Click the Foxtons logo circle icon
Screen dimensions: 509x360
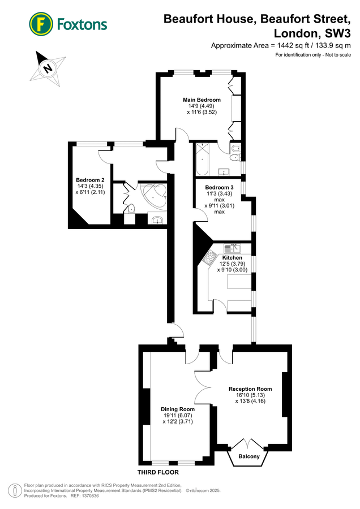tap(41, 24)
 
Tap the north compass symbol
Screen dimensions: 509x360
tap(48, 68)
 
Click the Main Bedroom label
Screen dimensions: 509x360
tap(202, 100)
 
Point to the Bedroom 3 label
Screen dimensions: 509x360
tap(220, 187)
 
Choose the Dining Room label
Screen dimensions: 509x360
tap(178, 409)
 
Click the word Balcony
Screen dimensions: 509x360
tap(249, 456)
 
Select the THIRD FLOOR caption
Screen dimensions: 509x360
tap(158, 472)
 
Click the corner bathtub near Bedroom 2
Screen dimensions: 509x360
tap(155, 195)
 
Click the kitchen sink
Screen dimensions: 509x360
tap(232, 248)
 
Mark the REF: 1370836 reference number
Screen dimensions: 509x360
tap(85, 495)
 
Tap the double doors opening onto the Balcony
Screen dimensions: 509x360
tap(249, 442)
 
